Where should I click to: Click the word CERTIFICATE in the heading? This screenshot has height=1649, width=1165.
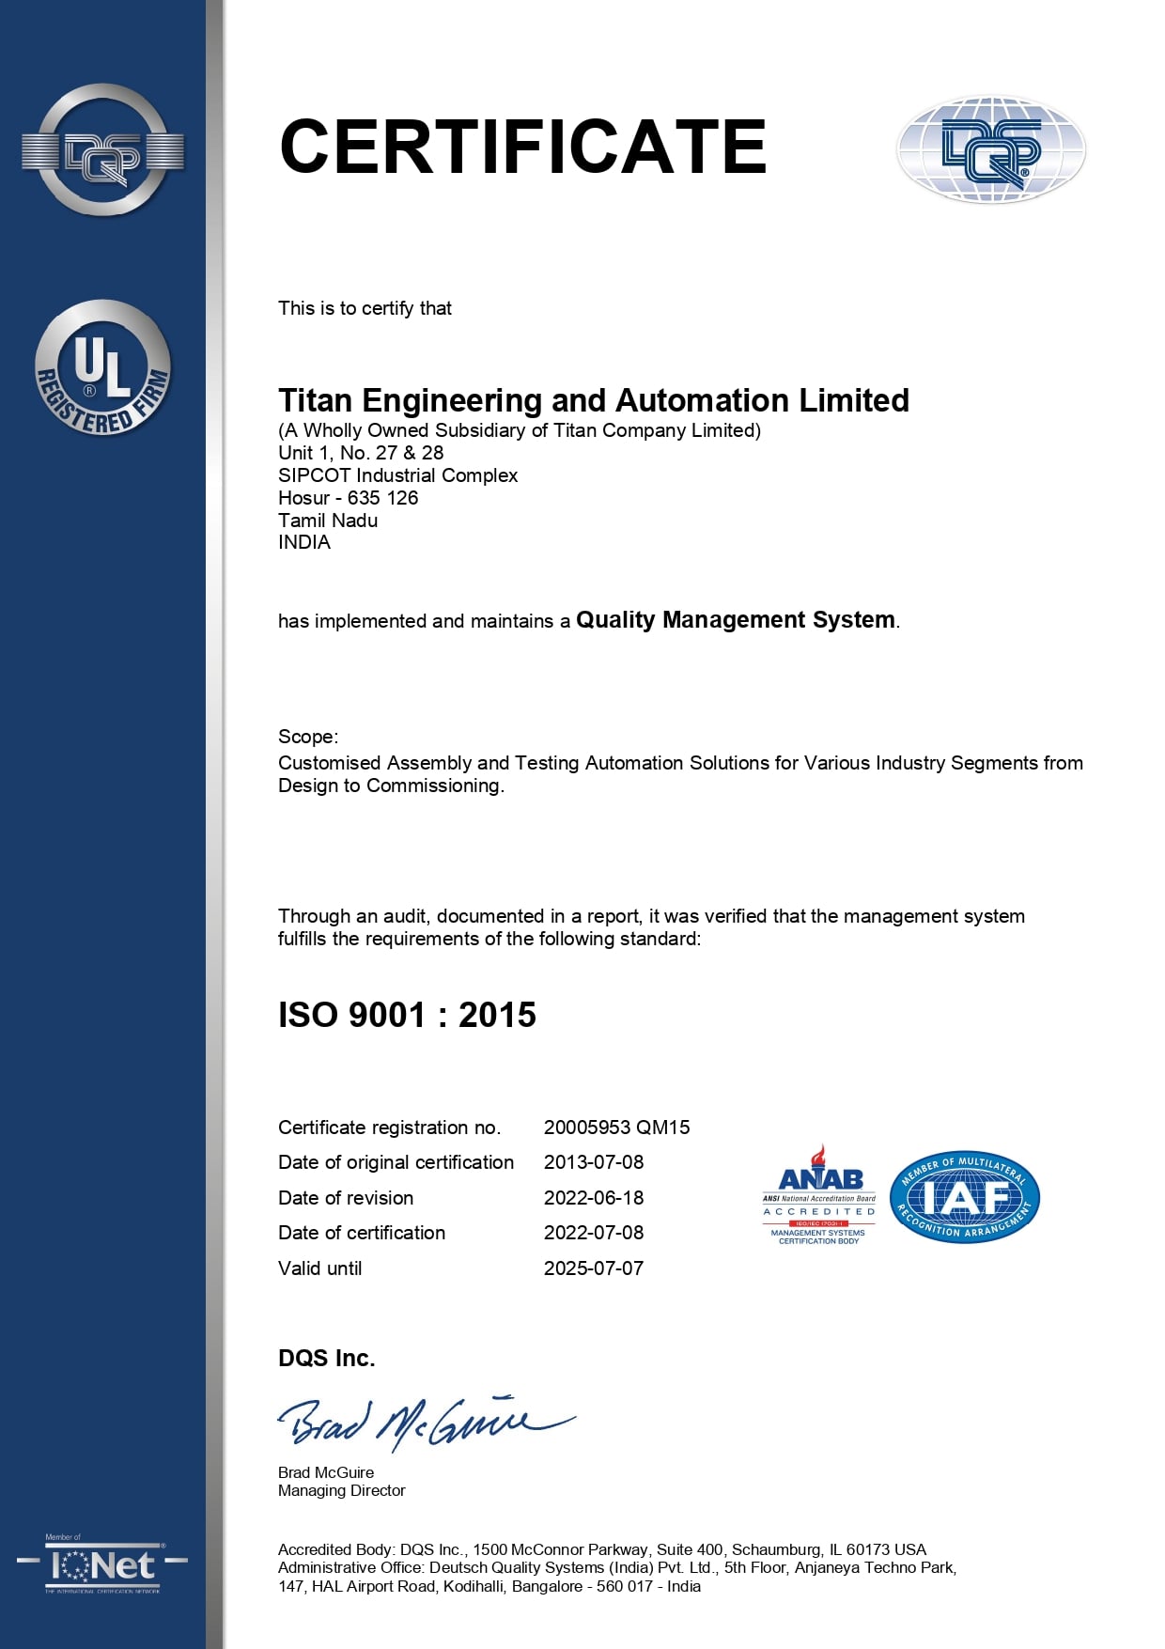tap(522, 147)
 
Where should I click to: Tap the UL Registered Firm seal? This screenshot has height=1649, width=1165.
tap(102, 368)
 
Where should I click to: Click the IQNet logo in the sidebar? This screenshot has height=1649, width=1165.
tap(102, 1565)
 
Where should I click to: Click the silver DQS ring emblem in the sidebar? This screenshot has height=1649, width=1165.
tap(102, 150)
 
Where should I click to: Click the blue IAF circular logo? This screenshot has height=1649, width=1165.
tap(964, 1197)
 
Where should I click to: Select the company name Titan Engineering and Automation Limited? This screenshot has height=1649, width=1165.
tap(593, 401)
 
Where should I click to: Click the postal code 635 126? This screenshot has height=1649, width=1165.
tap(382, 498)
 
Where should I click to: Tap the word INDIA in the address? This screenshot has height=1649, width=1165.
tap(304, 542)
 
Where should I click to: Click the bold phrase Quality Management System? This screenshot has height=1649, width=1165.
tap(736, 620)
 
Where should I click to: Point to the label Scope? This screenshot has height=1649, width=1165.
tap(308, 737)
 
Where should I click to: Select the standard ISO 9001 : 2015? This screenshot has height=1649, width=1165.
tap(407, 1015)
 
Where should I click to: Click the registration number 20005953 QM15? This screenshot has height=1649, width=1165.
tap(616, 1128)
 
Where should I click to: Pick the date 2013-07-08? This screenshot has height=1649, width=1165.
tap(594, 1162)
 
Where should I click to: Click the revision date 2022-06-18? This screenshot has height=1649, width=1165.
tap(594, 1198)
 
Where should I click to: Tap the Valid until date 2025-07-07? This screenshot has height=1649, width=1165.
tap(594, 1268)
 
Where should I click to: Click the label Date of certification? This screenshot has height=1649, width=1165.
tap(362, 1233)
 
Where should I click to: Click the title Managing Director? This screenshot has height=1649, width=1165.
tap(342, 1491)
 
